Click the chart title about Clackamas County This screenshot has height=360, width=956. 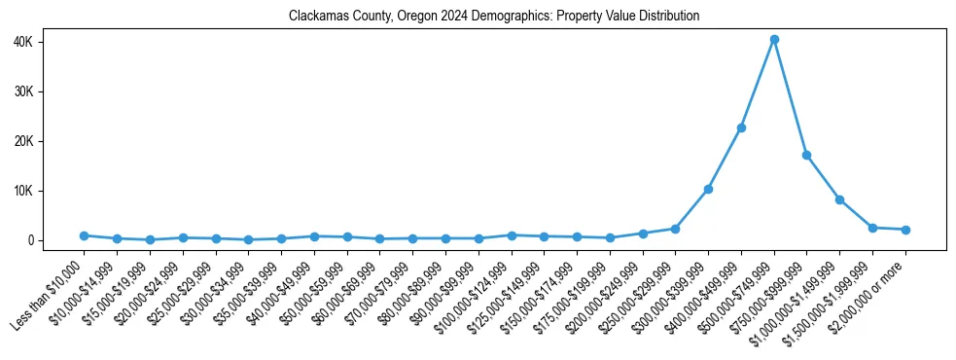coord(494,16)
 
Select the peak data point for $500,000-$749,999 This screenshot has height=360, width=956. coord(774,40)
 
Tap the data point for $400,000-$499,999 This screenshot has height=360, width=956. coord(741,127)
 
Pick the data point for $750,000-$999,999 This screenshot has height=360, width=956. coord(807,155)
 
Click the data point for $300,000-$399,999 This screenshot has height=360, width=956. coord(708,189)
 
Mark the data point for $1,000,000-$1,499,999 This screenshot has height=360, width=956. coord(839,199)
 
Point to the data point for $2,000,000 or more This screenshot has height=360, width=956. coord(905,230)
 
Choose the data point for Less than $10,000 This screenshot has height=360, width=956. coord(85,235)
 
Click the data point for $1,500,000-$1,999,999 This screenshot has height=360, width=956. coord(872,228)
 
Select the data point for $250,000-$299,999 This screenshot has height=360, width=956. coord(676,229)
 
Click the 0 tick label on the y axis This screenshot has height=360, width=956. coord(57,240)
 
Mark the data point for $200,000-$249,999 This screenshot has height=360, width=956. coord(643,234)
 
